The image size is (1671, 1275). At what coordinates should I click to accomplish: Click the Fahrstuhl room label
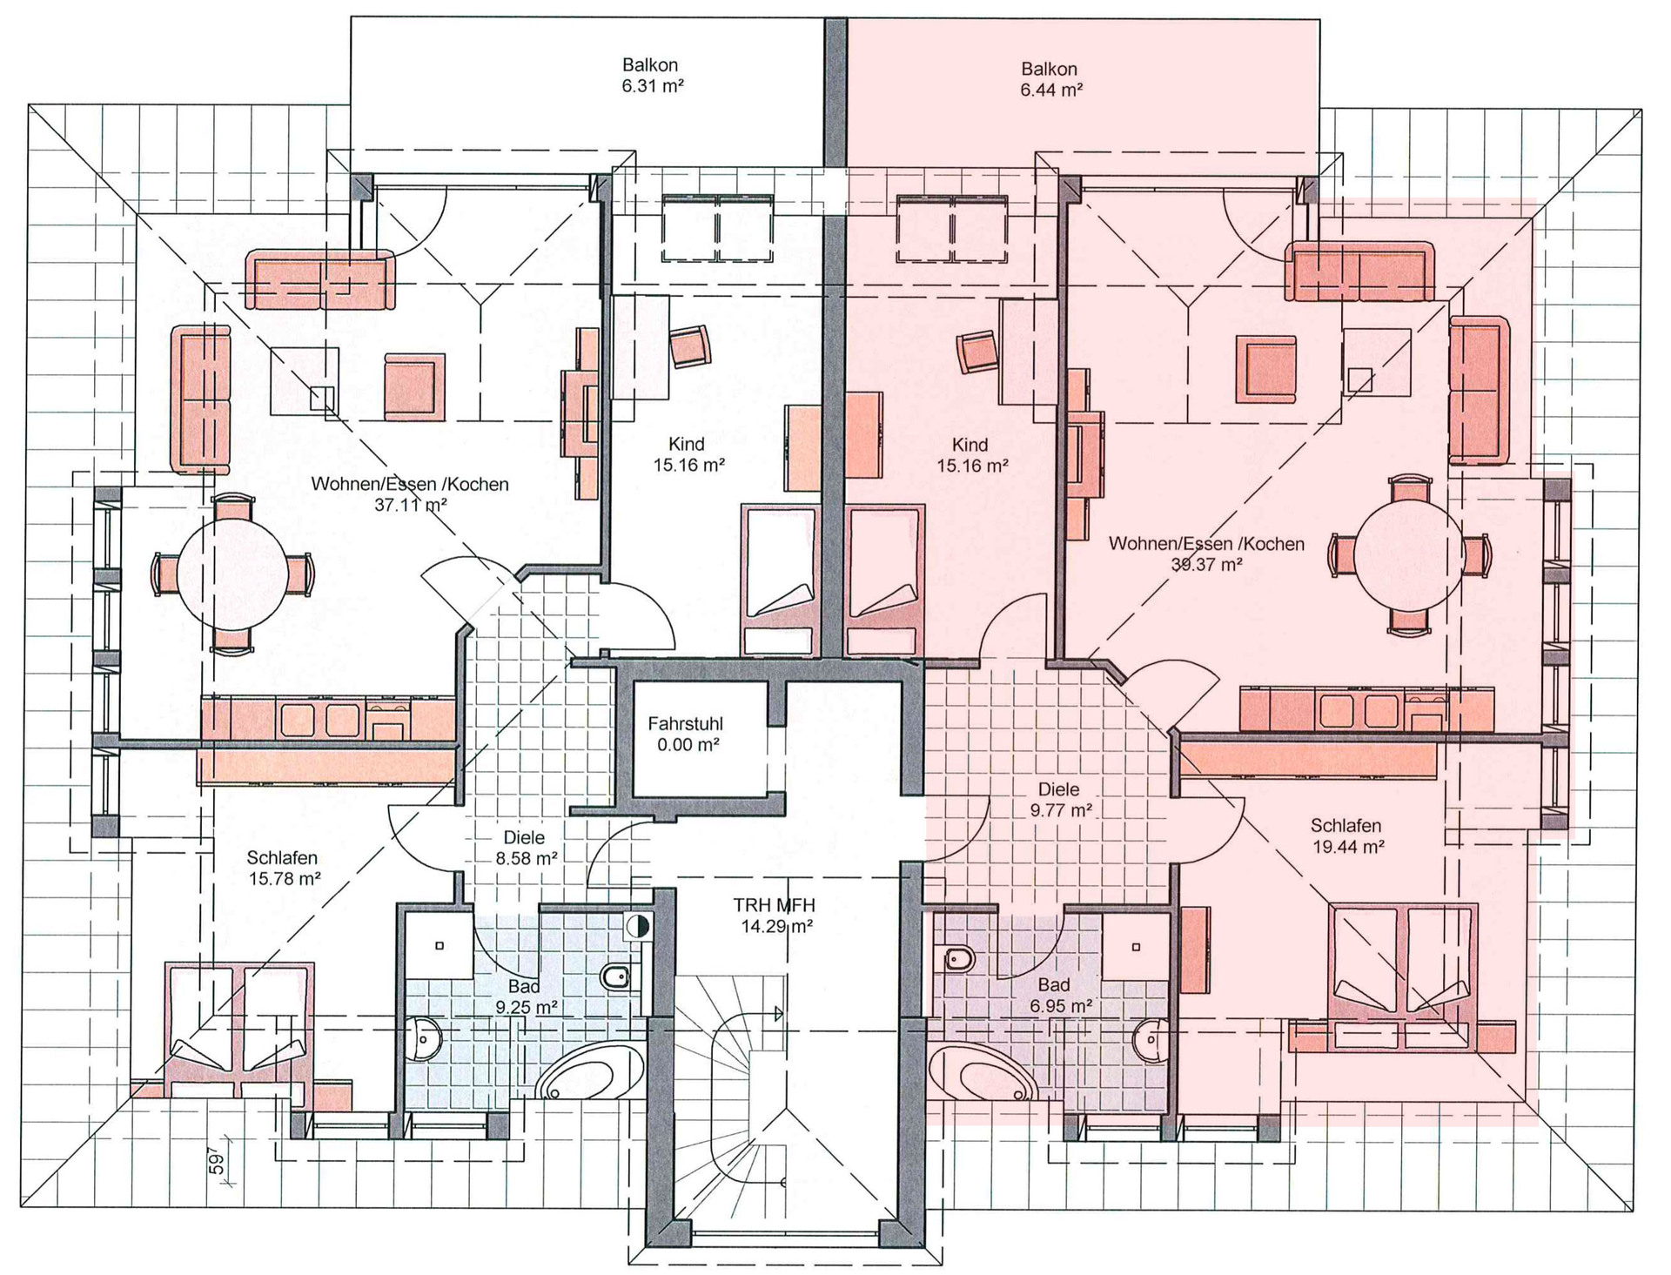coord(686,734)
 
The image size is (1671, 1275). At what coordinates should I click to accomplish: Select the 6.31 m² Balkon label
coord(651,75)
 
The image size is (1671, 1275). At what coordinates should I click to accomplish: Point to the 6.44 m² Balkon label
coord(1050,78)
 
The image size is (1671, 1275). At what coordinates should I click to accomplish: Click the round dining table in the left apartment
coord(233,574)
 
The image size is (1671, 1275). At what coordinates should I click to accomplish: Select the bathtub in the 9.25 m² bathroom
coord(590,1072)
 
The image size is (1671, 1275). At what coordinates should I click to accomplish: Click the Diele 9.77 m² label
coord(1059,800)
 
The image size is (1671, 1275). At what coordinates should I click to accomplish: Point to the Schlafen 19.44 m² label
coord(1346,835)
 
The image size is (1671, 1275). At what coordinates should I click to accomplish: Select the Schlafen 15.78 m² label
coord(283,869)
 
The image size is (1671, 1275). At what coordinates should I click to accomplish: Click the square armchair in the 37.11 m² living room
coord(414,384)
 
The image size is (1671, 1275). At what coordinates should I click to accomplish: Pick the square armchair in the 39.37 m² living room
coord(1266,369)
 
